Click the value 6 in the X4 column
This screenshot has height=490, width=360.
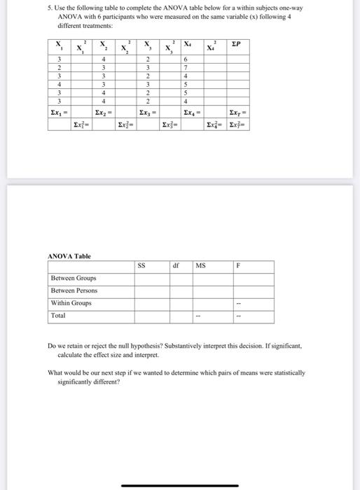point(185,59)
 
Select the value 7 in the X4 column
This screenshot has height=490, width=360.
point(185,67)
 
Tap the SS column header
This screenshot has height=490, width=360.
point(141,266)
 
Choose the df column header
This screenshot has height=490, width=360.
point(178,266)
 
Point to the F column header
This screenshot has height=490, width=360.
point(238,266)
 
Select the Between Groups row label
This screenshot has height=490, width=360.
point(74,278)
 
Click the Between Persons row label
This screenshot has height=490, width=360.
point(74,290)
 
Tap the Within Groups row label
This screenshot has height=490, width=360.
point(71,303)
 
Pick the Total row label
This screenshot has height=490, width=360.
point(59,316)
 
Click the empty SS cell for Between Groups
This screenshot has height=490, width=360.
point(152,278)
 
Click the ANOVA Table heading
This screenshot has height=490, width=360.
point(69,256)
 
